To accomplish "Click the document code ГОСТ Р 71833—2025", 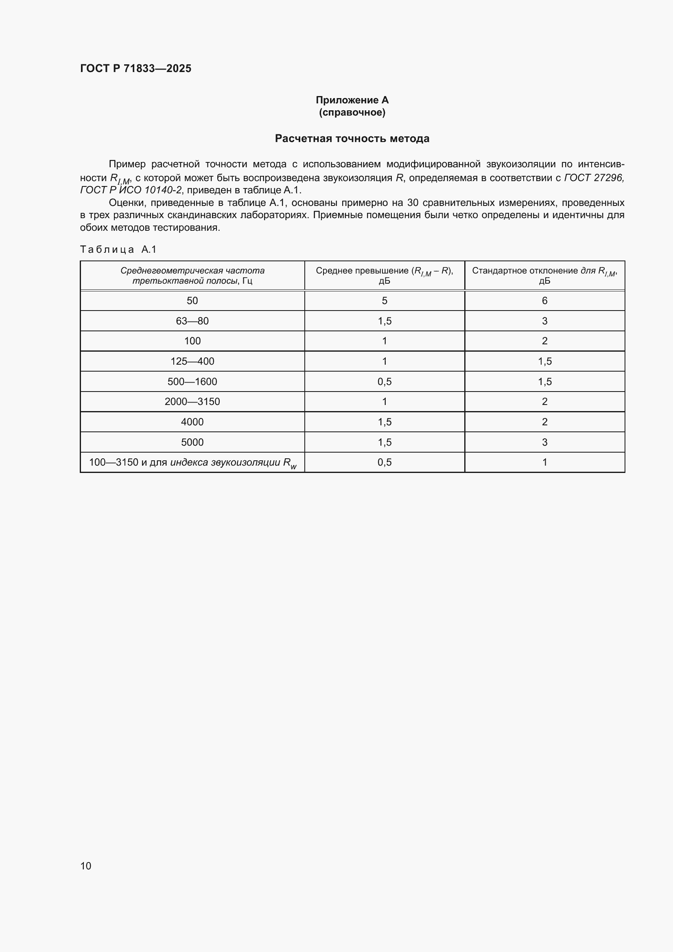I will [x=135, y=68].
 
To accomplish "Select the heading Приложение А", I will [x=352, y=100].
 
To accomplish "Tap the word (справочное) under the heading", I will [x=352, y=112].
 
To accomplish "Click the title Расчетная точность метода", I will [x=352, y=138].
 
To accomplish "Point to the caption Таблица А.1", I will [x=118, y=249].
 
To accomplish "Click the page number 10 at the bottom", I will [x=86, y=866].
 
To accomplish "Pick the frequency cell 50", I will [x=192, y=301].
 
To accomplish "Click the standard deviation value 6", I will [x=544, y=301].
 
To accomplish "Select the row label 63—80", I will [x=192, y=321].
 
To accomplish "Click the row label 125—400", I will [x=192, y=361].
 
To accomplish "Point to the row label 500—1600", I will [x=192, y=381].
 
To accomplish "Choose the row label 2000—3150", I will [x=192, y=401].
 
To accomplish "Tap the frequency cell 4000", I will [x=192, y=422].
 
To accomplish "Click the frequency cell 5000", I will [x=192, y=442].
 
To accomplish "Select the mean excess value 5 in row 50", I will [x=384, y=301].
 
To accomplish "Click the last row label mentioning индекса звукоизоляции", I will [x=192, y=462].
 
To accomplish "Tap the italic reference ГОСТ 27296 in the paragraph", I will [x=593, y=178].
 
